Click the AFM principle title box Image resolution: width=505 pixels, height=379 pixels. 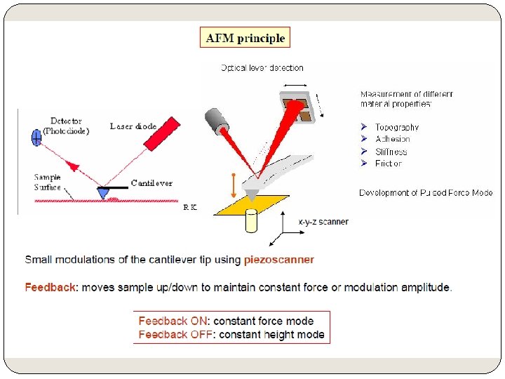(245, 38)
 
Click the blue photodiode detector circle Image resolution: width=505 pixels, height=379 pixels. (37, 138)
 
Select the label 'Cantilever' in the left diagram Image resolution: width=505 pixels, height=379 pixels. (151, 183)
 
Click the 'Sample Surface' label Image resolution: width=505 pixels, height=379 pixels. (48, 182)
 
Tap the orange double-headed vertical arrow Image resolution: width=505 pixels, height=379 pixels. (233, 185)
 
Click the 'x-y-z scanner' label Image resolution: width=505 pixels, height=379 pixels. (323, 222)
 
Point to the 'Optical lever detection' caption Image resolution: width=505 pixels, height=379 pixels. (262, 68)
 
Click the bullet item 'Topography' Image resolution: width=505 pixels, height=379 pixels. (396, 127)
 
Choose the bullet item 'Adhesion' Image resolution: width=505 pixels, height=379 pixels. (392, 139)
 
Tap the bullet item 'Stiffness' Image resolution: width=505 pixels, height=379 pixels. (391, 151)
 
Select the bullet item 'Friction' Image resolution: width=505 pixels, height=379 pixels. (388, 163)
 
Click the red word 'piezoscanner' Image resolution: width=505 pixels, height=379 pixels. (279, 260)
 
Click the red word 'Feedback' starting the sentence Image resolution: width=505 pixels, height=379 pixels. (50, 287)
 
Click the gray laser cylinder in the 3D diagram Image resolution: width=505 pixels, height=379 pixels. (220, 124)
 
